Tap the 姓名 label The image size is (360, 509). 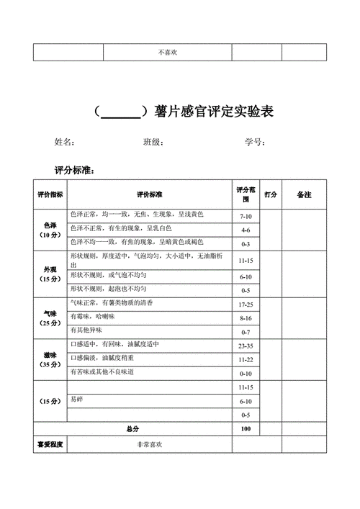click(64, 142)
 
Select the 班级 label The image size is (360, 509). click(153, 142)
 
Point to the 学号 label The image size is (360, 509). click(255, 142)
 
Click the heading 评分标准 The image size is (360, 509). click(74, 171)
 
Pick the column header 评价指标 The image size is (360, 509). click(50, 195)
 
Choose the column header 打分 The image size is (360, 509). click(271, 195)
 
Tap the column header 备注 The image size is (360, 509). click(304, 195)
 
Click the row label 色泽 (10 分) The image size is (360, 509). click(50, 230)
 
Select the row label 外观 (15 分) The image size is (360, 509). click(50, 274)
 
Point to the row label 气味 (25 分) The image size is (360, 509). click(50, 317)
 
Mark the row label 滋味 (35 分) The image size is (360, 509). click(50, 360)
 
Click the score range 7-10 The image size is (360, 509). click(246, 216)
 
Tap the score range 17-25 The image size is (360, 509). click(246, 305)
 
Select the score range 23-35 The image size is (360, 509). click(246, 346)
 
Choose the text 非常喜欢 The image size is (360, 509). click(150, 445)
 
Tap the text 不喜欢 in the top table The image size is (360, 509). click(169, 53)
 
